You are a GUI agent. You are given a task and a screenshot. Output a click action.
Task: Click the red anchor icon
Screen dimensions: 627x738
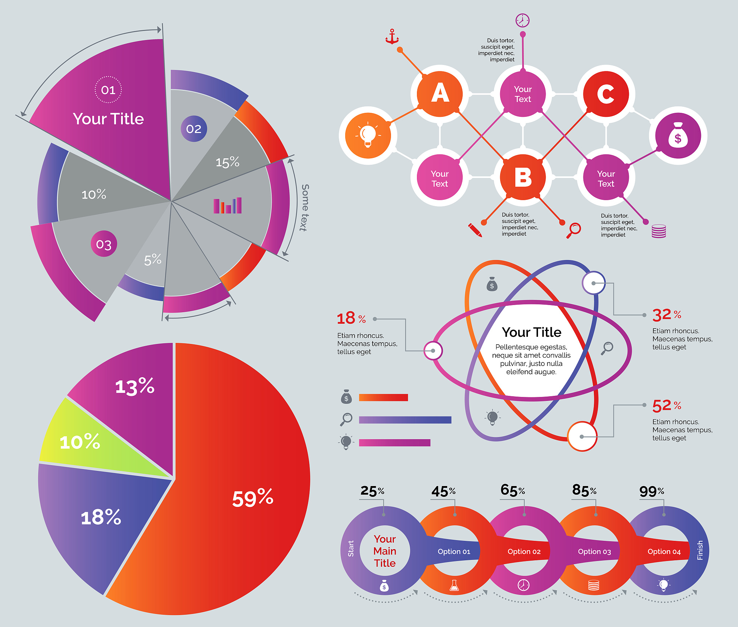(x=392, y=36)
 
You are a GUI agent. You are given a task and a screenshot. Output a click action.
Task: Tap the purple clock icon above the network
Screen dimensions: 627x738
(x=522, y=21)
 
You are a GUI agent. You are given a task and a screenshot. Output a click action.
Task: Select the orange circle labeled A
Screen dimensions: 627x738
(x=440, y=93)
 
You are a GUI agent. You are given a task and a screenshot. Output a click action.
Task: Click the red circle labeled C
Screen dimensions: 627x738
(x=606, y=94)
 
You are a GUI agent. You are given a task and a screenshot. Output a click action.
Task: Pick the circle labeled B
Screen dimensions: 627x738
(x=523, y=177)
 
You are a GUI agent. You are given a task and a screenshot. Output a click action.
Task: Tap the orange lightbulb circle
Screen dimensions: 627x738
(x=368, y=136)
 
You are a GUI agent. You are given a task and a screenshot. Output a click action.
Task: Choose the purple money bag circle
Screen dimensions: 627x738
(x=678, y=136)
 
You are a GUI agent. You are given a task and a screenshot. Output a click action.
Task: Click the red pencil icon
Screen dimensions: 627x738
(x=475, y=230)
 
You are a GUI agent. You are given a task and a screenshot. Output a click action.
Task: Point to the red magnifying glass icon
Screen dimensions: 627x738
(x=573, y=230)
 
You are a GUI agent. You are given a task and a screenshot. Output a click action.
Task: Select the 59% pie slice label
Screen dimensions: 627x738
(x=253, y=498)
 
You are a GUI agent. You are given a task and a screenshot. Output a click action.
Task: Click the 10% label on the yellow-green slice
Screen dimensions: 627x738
(x=80, y=442)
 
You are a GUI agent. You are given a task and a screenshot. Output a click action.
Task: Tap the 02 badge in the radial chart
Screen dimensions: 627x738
(x=194, y=129)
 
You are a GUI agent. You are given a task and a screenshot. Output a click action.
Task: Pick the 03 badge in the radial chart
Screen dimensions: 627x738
(x=104, y=244)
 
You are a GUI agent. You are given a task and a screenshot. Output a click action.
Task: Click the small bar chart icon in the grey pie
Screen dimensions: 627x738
(x=227, y=206)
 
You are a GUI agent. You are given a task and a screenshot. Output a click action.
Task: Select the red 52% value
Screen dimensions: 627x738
(x=666, y=406)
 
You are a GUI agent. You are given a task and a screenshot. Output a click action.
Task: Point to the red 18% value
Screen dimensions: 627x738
(x=351, y=318)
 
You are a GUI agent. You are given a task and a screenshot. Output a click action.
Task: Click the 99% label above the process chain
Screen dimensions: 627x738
(x=652, y=491)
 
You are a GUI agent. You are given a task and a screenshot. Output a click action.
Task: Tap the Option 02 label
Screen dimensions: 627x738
(x=524, y=551)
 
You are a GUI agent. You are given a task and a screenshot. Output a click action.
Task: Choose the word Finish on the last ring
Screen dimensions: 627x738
(x=700, y=550)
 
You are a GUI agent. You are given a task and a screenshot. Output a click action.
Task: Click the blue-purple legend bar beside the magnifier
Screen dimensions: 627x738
(x=405, y=420)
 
